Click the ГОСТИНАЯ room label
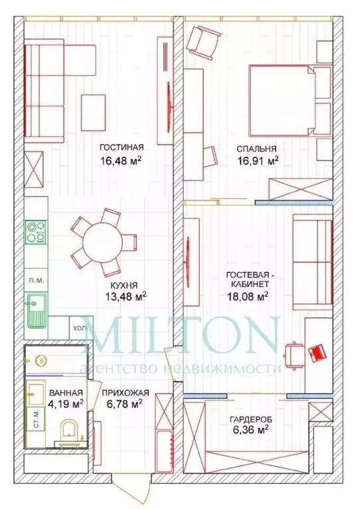pyautogui.click(x=121, y=149)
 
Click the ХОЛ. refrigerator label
pyautogui.click(x=79, y=327)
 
